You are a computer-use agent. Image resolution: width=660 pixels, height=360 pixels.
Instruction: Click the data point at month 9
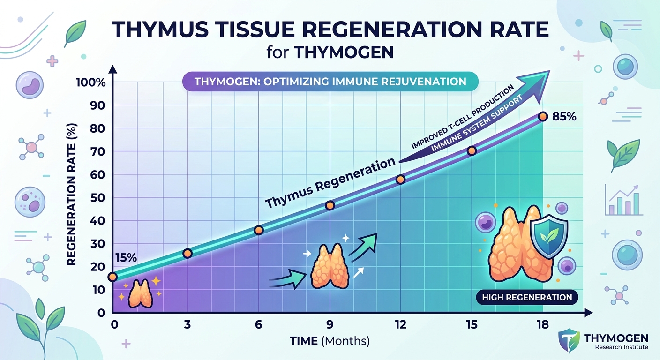[x=330, y=205]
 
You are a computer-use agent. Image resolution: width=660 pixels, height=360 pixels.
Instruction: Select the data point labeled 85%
[x=543, y=116]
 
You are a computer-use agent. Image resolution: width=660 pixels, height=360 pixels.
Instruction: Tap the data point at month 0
[x=112, y=277]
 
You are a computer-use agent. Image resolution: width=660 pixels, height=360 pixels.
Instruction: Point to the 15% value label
[x=125, y=257]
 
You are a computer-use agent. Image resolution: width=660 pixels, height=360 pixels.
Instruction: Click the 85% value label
[x=564, y=116]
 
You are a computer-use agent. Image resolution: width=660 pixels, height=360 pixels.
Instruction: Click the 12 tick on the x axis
[x=401, y=324]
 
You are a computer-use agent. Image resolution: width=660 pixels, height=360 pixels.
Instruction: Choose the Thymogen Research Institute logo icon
[x=569, y=340]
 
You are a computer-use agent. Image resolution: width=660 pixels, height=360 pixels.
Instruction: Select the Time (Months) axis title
[x=330, y=341]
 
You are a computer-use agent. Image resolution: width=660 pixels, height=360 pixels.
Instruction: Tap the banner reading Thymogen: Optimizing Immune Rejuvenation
[x=330, y=81]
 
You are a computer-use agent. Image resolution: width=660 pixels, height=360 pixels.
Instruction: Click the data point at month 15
[x=472, y=150]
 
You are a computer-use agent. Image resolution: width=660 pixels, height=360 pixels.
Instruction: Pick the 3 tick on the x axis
[x=187, y=324]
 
